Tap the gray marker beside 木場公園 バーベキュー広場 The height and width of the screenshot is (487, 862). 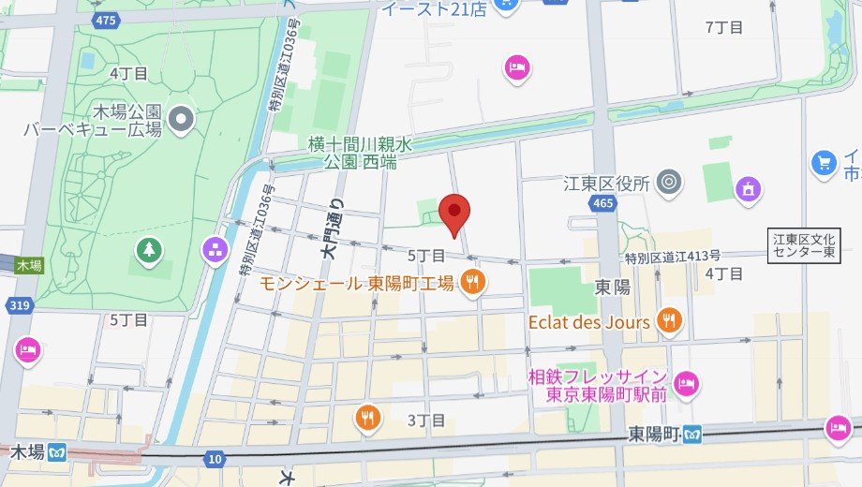coord(183,118)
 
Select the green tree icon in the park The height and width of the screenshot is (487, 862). coord(148,250)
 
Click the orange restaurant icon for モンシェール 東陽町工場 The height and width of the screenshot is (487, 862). coord(473,282)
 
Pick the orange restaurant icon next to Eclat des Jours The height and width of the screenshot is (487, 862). coord(669,321)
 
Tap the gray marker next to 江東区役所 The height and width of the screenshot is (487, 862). coord(668,183)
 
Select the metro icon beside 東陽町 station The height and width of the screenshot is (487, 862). coord(693,435)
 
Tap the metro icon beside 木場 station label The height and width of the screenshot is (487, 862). coord(59,452)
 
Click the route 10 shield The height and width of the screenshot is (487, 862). coord(215,458)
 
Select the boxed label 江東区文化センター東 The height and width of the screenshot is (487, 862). coord(803,244)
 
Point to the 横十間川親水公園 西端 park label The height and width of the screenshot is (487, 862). coord(360,153)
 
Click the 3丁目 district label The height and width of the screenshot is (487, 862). coord(425,420)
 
